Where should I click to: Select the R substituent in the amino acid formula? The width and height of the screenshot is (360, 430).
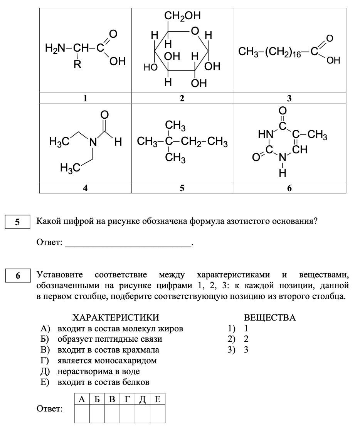[77, 64]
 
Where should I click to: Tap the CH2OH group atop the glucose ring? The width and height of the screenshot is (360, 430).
[182, 16]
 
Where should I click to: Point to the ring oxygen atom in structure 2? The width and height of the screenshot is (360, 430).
[195, 30]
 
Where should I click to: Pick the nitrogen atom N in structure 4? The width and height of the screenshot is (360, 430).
[93, 142]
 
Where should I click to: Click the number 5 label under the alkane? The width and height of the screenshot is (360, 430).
[182, 188]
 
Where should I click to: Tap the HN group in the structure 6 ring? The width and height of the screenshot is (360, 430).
[265, 134]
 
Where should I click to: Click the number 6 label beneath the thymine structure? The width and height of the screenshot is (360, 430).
[289, 188]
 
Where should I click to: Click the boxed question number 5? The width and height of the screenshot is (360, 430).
[17, 222]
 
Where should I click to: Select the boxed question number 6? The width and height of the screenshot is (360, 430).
[17, 276]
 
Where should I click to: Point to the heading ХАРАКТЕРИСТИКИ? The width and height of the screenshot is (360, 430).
[116, 317]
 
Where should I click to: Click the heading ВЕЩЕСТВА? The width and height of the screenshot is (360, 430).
[270, 317]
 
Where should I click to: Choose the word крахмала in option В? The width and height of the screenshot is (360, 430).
[141, 350]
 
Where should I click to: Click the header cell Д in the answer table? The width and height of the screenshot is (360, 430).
[142, 399]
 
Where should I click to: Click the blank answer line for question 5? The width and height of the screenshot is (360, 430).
[128, 243]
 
